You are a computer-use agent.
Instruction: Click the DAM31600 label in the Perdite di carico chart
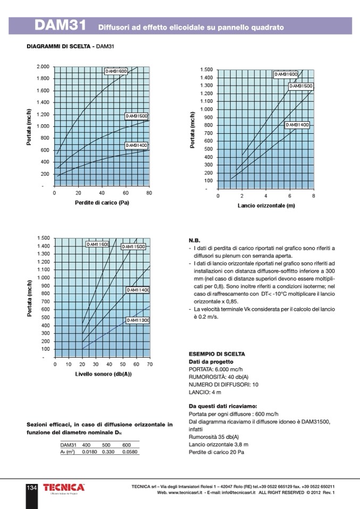(x=116, y=71)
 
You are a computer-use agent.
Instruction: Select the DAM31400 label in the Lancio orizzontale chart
(x=297, y=125)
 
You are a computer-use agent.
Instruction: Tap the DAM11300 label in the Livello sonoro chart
(x=138, y=320)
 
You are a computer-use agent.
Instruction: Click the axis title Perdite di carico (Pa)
(x=102, y=202)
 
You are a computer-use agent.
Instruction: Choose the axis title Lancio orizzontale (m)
(x=266, y=205)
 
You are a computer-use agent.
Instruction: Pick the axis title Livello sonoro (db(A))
(x=103, y=374)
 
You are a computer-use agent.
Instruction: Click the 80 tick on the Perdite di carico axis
(x=149, y=193)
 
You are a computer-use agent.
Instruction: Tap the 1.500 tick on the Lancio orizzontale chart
(x=206, y=70)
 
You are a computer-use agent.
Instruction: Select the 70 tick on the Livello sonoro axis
(x=149, y=364)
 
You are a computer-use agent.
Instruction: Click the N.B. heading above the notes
(x=195, y=240)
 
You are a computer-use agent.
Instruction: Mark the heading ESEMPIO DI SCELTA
(x=217, y=354)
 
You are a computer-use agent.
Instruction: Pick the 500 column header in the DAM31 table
(x=106, y=445)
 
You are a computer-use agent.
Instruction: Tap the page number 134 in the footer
(x=31, y=488)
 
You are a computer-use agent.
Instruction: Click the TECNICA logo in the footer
(x=63, y=488)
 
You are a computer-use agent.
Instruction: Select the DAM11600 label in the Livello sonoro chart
(x=98, y=244)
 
